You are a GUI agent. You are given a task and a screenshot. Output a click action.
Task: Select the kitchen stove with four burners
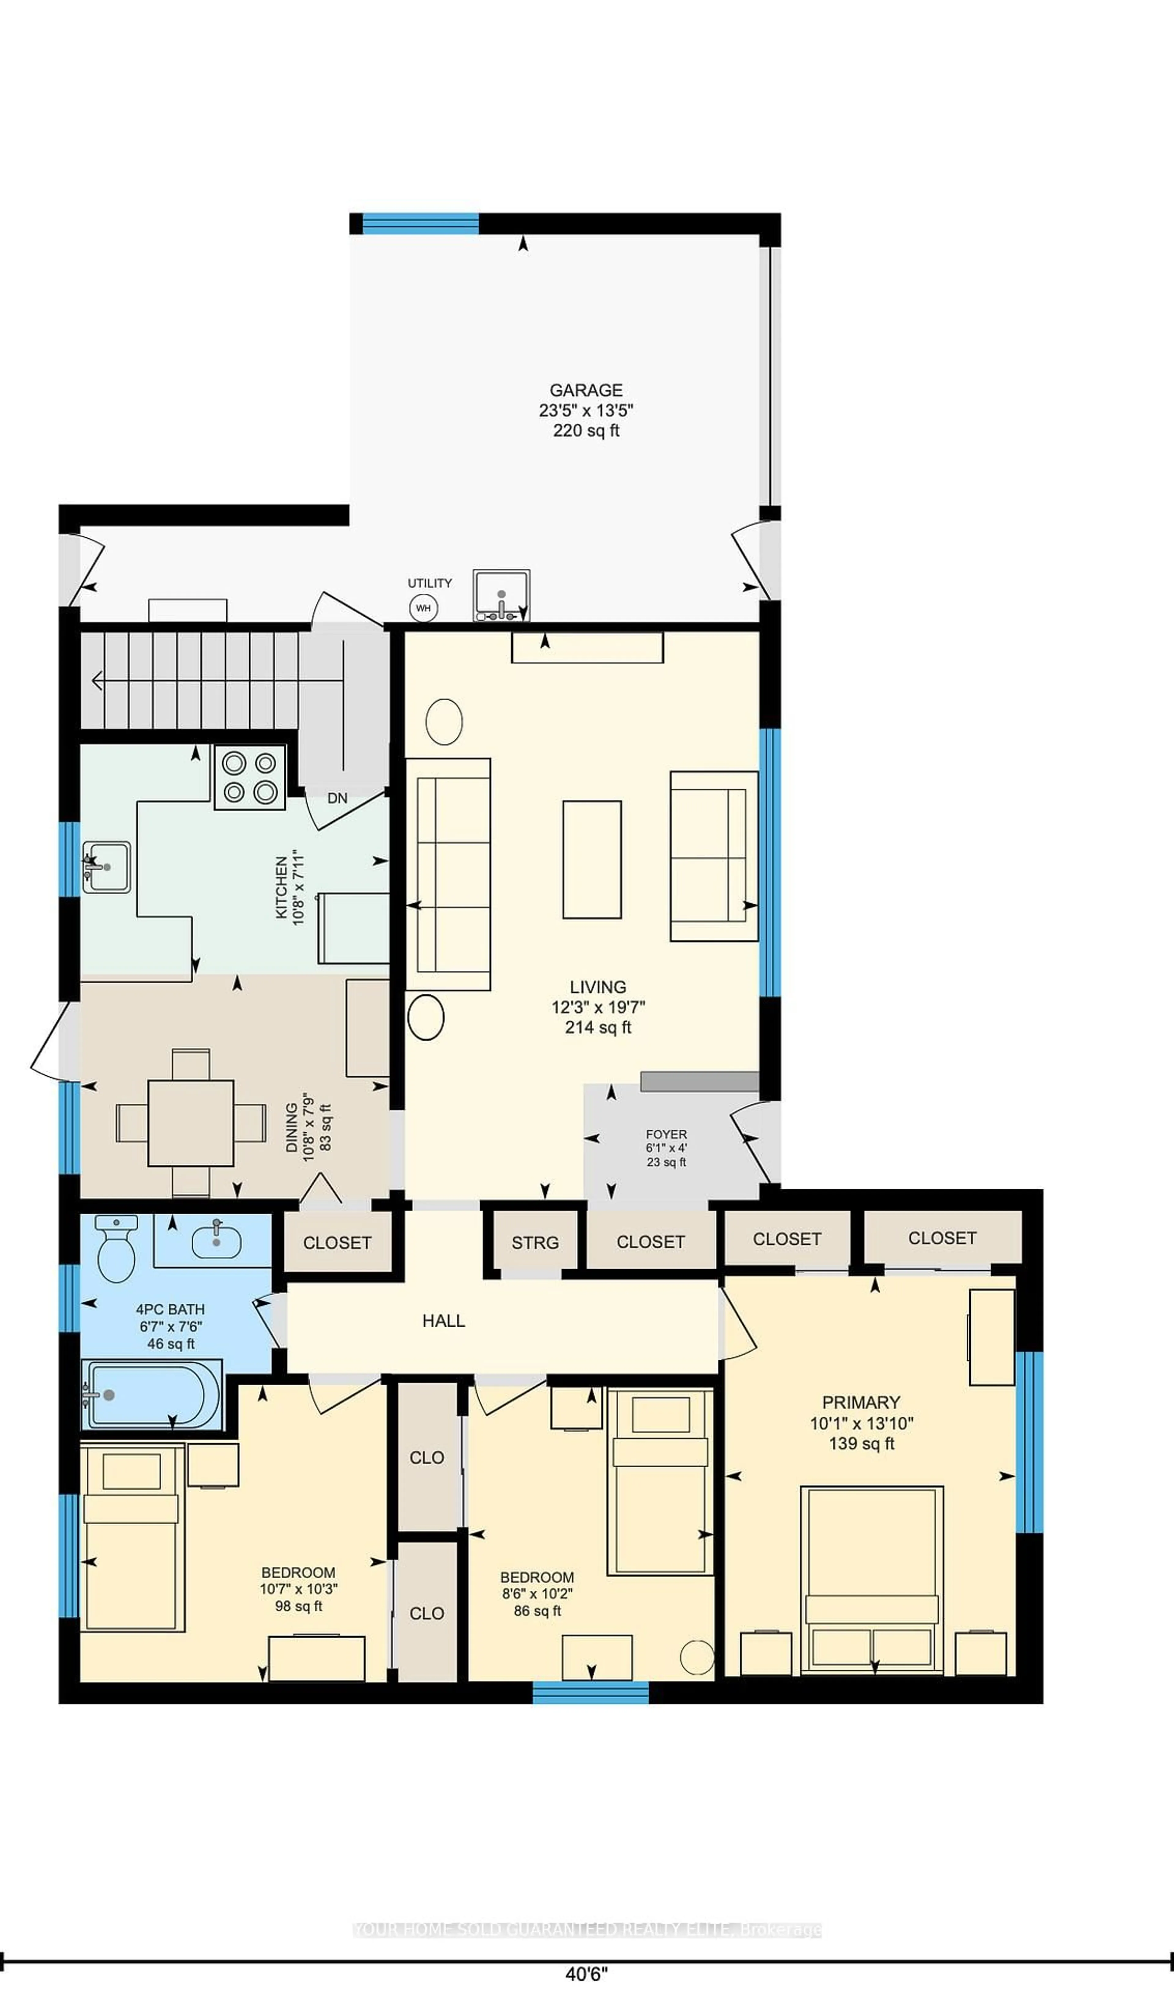249,777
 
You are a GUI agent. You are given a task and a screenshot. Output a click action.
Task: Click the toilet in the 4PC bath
116,1248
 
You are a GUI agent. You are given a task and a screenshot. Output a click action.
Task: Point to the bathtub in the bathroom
153,1394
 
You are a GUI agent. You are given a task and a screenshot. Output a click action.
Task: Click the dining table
191,1122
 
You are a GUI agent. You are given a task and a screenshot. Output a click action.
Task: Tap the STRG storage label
535,1242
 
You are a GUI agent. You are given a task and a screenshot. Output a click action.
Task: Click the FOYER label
666,1134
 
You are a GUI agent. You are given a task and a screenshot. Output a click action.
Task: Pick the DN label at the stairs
338,799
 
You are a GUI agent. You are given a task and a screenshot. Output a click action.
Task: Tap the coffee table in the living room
592,859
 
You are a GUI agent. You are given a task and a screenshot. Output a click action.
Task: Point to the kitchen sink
106,866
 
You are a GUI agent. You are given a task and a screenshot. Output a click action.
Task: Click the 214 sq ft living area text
598,1027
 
